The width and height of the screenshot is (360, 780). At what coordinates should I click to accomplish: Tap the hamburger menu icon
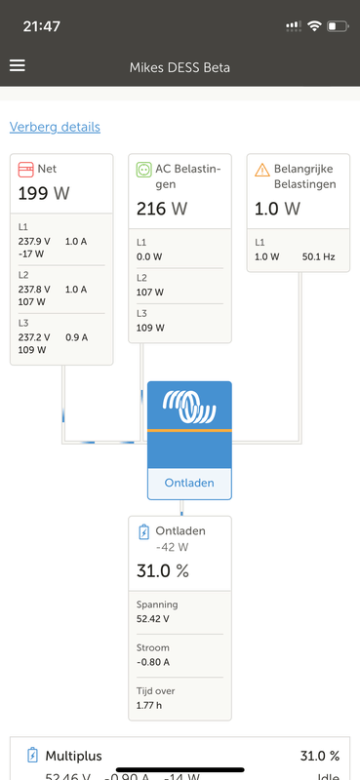(x=18, y=66)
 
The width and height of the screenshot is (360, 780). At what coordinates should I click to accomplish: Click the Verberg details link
(x=55, y=127)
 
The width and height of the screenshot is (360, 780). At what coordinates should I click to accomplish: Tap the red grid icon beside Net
(x=26, y=170)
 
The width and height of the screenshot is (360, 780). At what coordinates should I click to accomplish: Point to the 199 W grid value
(x=44, y=193)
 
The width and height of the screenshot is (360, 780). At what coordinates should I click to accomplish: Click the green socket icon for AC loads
(x=144, y=170)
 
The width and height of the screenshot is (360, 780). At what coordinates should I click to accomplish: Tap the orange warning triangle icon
(x=262, y=170)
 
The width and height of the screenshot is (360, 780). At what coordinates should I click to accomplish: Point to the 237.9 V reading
(x=34, y=241)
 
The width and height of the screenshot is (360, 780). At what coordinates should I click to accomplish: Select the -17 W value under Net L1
(x=31, y=253)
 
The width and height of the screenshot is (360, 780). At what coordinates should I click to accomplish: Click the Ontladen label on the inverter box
(x=189, y=483)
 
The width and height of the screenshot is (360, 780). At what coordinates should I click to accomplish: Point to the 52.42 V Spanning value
(x=154, y=617)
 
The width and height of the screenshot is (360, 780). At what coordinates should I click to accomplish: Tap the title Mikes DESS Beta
(x=180, y=67)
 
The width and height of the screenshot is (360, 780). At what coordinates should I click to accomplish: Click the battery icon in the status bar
(x=339, y=25)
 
